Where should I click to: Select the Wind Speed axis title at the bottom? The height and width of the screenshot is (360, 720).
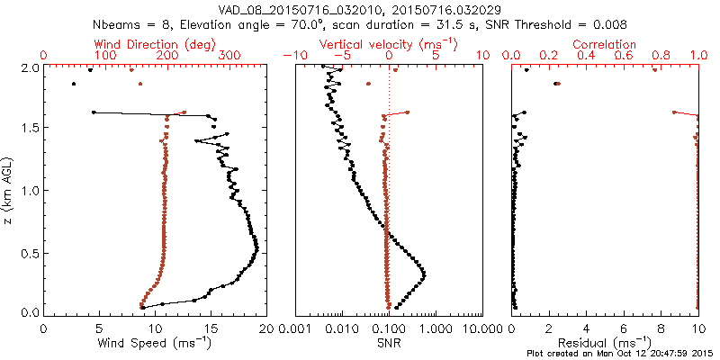tap(155, 343)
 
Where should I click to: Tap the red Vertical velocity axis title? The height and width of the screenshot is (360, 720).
tap(388, 44)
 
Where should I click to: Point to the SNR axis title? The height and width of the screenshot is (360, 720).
tap(388, 343)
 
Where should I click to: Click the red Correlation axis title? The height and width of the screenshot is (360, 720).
tap(606, 44)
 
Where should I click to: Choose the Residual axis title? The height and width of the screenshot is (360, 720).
tap(606, 343)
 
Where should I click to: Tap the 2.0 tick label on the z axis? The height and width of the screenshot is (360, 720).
tap(30, 67)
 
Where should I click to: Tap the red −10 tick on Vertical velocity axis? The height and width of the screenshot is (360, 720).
tap(292, 56)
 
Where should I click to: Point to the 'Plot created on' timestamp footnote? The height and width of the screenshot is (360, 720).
tap(622, 354)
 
